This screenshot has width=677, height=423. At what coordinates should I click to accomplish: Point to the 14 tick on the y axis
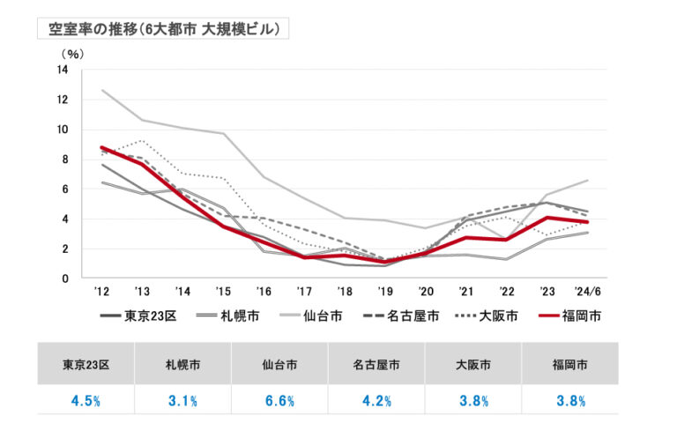(63, 70)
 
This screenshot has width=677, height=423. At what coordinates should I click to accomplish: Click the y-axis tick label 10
(63, 130)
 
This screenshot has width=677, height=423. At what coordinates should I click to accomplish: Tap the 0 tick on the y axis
(65, 278)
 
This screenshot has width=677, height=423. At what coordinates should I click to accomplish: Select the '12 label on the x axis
(102, 292)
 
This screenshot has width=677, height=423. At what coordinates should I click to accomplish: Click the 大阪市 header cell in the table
(473, 363)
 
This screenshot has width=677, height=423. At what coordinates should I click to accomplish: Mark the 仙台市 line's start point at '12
(103, 90)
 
